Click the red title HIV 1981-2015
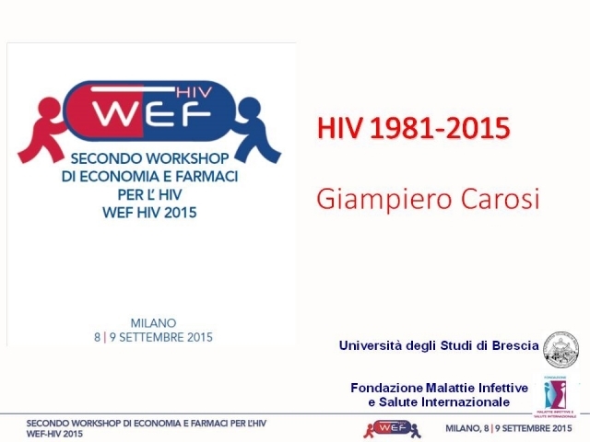[414, 129]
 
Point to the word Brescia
[513, 346]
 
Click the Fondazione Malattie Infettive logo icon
[556, 393]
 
